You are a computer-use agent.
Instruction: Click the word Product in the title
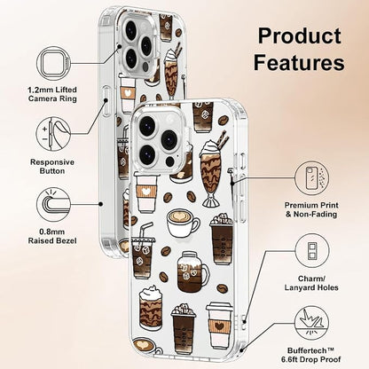tap(300, 36)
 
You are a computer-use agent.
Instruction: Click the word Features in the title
tap(299, 62)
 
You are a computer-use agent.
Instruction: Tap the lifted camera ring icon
tap(53, 63)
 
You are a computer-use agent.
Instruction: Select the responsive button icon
tap(53, 134)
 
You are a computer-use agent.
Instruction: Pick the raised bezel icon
tap(53, 205)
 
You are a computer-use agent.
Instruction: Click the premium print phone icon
tap(311, 178)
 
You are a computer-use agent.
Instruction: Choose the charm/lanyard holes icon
tap(312, 251)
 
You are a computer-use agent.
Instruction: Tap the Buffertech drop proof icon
tap(312, 324)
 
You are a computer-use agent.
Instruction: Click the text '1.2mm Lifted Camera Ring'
tap(52, 94)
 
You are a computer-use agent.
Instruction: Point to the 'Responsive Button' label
tap(52, 167)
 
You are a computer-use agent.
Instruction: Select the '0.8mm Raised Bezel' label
tap(52, 236)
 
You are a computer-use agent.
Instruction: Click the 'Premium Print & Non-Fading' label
tap(311, 209)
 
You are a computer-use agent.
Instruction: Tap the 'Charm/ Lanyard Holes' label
tap(311, 283)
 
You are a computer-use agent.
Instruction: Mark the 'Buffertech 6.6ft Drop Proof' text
tap(311, 355)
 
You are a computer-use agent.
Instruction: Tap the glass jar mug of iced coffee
tap(192, 271)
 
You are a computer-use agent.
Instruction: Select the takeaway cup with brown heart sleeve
tap(219, 326)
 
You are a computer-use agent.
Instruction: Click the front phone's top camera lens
tap(147, 125)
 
